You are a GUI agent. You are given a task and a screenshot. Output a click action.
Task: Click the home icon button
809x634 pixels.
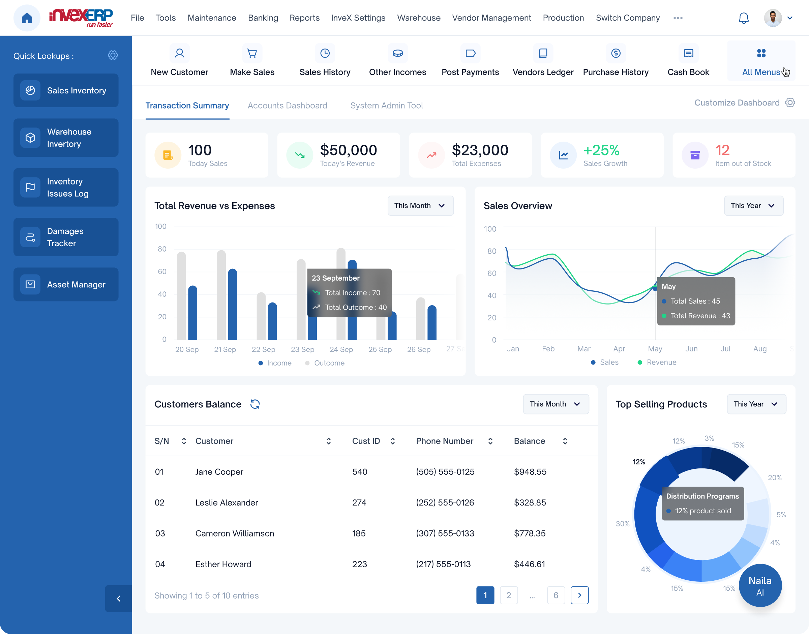(x=27, y=18)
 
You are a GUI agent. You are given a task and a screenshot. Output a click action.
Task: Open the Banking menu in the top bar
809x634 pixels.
(x=263, y=18)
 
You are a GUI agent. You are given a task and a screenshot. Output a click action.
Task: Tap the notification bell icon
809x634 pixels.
(x=743, y=18)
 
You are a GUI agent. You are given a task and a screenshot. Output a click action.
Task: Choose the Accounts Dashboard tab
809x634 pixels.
(x=287, y=106)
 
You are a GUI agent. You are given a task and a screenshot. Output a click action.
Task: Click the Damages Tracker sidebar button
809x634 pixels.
(x=66, y=237)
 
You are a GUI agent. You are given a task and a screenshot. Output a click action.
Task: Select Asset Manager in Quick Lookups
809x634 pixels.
(x=66, y=285)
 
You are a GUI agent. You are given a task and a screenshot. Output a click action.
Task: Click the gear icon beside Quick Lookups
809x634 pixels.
(x=113, y=55)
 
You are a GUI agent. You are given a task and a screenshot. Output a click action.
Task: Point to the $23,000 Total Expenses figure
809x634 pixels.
(x=480, y=150)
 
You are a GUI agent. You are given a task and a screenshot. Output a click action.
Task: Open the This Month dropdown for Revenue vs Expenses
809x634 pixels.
(x=420, y=206)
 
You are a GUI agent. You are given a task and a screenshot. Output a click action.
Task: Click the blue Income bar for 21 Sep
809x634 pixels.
(x=232, y=305)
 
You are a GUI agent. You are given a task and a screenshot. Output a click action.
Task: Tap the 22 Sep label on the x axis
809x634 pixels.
(x=263, y=350)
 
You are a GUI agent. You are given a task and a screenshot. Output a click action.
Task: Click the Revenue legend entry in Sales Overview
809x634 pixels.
(x=657, y=362)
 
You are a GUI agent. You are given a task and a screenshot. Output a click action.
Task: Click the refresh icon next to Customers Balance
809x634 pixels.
(x=255, y=404)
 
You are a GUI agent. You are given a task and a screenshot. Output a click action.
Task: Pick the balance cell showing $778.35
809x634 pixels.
(x=530, y=534)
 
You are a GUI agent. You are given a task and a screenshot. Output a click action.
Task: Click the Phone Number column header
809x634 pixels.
(x=444, y=441)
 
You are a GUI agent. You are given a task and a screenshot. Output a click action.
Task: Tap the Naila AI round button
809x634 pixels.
(x=760, y=586)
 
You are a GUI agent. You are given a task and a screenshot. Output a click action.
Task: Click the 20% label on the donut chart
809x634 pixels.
(x=775, y=478)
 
